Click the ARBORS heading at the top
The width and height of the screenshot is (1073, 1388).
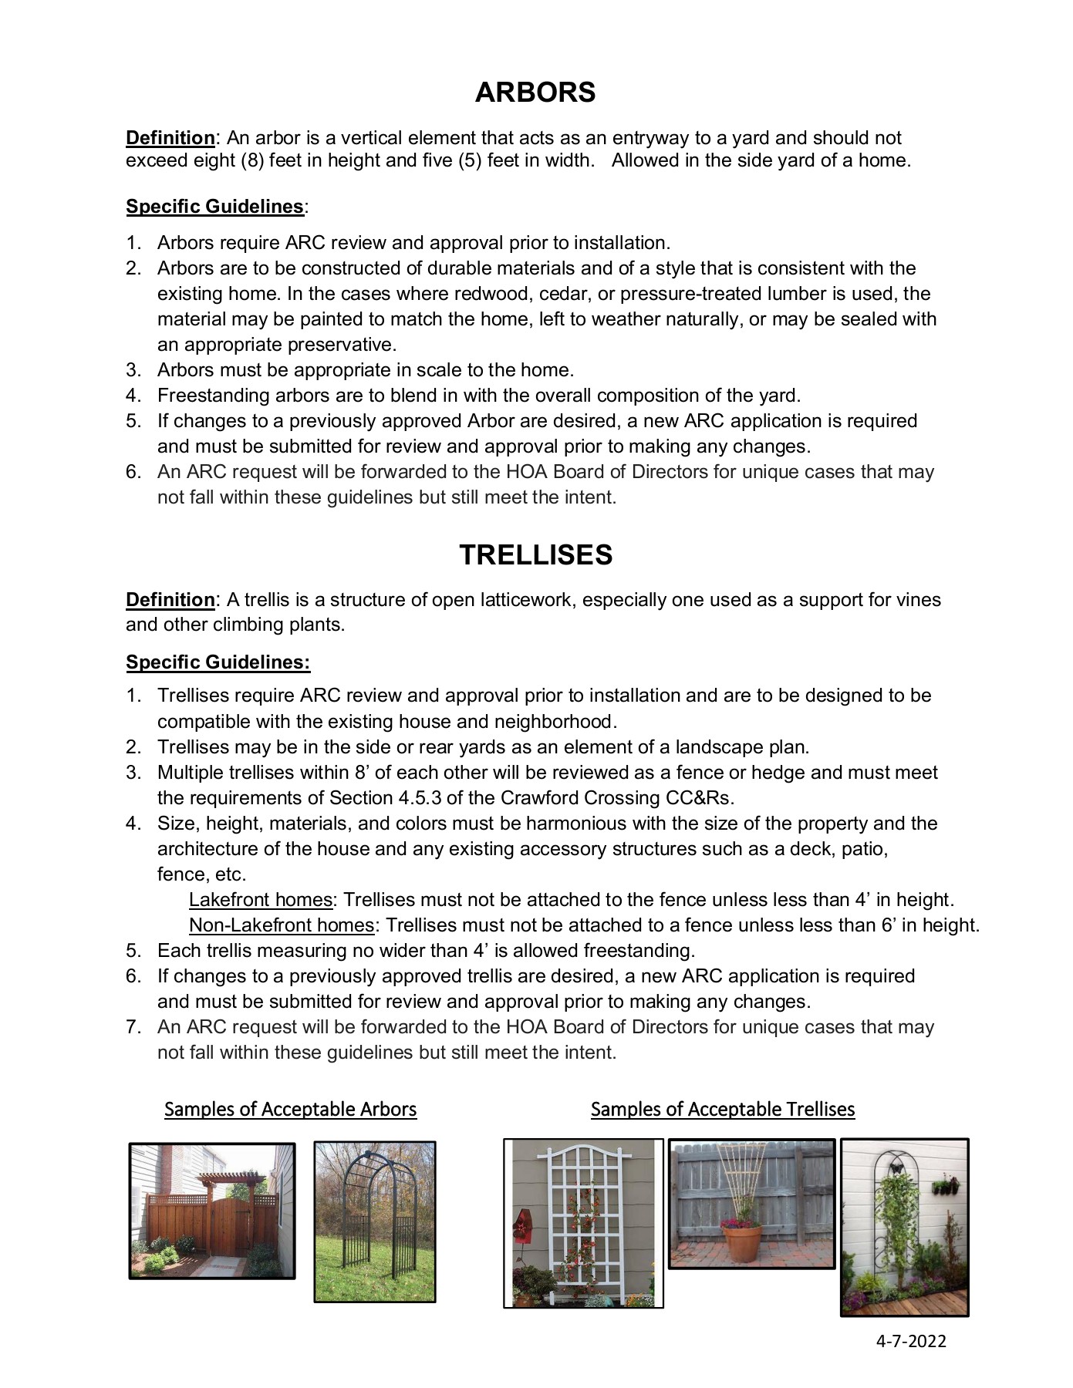coord(535,93)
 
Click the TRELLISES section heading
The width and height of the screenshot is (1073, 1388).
coord(535,555)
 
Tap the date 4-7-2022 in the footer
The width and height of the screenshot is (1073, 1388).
coord(910,1341)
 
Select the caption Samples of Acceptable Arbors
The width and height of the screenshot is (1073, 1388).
coord(290,1110)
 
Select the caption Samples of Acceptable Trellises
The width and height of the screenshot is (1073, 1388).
coord(722,1110)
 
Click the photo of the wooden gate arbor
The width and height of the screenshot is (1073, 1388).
coord(212,1211)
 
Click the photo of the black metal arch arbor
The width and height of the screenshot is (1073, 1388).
coord(375,1222)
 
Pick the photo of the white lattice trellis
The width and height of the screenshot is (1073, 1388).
coord(583,1224)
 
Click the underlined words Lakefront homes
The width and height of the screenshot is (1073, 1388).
coord(260,900)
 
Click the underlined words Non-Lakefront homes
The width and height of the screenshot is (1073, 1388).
coord(282,925)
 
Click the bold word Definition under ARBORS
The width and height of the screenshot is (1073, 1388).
coord(170,138)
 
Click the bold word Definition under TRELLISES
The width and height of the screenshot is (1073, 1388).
coord(170,600)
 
